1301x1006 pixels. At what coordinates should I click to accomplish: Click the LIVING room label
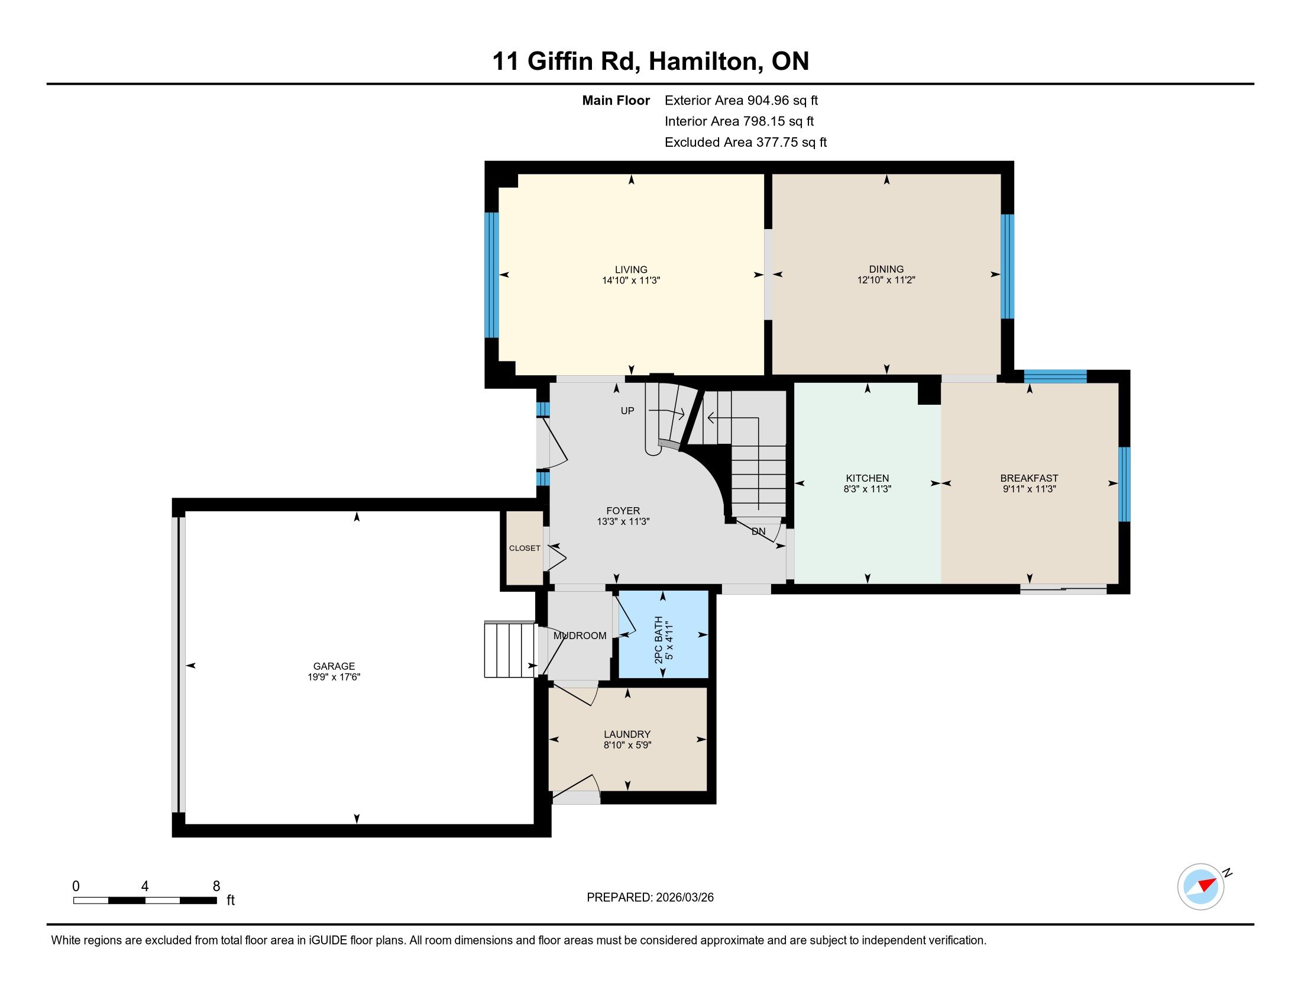tap(631, 269)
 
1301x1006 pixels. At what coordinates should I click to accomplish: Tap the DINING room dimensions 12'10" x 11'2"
tap(886, 280)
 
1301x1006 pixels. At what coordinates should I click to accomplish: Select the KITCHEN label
tap(868, 478)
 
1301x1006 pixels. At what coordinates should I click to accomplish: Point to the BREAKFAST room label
tap(1029, 478)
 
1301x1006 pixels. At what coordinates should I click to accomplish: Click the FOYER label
tap(623, 511)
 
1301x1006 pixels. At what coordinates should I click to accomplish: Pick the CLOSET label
tap(525, 549)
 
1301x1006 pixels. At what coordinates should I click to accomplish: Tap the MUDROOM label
tap(580, 636)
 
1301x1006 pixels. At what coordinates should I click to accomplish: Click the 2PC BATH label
tap(658, 640)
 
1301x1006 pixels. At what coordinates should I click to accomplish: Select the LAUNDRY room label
tap(627, 734)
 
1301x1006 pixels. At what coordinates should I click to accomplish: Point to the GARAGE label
tap(334, 666)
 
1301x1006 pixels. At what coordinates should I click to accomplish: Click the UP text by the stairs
tap(627, 411)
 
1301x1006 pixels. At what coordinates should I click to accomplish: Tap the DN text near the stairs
tap(758, 531)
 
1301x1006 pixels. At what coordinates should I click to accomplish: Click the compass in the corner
tap(1200, 886)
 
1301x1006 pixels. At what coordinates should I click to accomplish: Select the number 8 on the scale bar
tap(216, 886)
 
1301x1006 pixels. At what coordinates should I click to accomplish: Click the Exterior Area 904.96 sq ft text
tap(741, 101)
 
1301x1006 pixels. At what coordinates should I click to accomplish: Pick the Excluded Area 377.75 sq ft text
tap(746, 143)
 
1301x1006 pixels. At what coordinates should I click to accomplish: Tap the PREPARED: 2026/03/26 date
tap(650, 898)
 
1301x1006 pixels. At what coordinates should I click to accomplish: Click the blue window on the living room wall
tap(491, 275)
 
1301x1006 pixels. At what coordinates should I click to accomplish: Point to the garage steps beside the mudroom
tap(510, 650)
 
